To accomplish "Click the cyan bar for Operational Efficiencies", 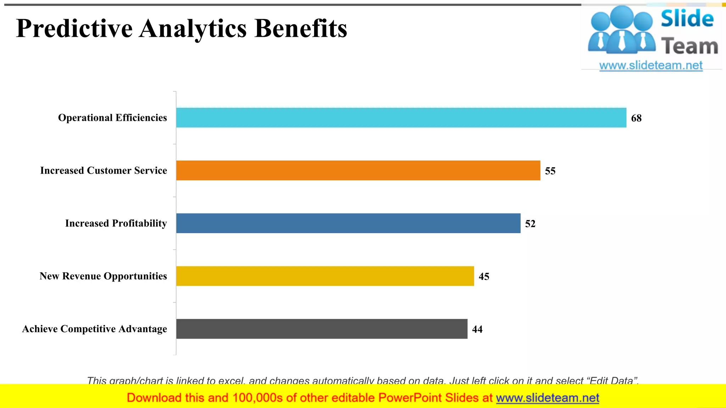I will [401, 118].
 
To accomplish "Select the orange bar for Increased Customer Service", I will [358, 170].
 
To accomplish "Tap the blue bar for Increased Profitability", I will [348, 223].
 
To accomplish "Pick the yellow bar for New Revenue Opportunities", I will [325, 276].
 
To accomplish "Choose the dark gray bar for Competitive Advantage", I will [322, 329].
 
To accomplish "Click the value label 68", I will [636, 118].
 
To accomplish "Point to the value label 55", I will [550, 171].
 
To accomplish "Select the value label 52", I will [530, 223].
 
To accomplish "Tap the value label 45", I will [484, 276].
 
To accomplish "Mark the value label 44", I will [477, 329].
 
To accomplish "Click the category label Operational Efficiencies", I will [112, 118].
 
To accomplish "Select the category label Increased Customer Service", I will [104, 170].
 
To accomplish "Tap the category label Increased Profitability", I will [116, 223].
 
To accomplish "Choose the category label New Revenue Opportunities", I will [103, 276].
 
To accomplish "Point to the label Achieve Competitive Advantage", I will [95, 329].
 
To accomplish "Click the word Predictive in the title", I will [74, 28].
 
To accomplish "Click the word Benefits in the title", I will [301, 28].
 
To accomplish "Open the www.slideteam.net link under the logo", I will [651, 66].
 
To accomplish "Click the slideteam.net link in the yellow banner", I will [547, 398].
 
